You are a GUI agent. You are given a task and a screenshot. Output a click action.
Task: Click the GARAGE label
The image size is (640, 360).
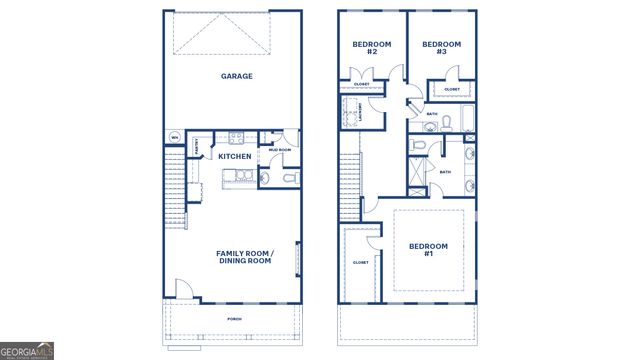pos(236,76)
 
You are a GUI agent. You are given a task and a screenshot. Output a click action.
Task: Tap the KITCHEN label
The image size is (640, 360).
pos(234,157)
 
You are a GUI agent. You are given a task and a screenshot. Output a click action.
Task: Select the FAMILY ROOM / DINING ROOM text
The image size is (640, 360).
pos(244,257)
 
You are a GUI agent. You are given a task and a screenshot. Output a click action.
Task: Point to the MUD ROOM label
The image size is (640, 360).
pos(279,150)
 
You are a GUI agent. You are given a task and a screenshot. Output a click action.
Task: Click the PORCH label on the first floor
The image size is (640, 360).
pos(234,319)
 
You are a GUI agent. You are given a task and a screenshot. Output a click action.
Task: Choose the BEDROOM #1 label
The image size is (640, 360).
pos(428,250)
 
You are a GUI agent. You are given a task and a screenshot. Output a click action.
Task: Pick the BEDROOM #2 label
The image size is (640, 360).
pos(371,47)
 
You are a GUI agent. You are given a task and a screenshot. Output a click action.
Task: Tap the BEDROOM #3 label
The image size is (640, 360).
pos(440,47)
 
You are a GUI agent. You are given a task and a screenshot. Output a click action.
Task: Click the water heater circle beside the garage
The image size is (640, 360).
pos(174,137)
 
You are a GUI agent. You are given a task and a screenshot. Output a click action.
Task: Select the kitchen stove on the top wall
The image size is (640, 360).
pos(236,137)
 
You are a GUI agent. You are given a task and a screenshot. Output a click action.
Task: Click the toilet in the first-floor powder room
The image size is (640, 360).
pos(288,178)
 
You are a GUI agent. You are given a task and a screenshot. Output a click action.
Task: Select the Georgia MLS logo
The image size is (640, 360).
pos(27,350)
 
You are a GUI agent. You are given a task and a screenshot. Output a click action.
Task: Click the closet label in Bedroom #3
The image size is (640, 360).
pos(451,90)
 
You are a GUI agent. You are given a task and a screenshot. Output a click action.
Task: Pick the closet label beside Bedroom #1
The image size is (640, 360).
pos(360,262)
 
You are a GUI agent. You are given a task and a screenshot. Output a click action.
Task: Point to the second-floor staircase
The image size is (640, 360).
pos(350,180)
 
